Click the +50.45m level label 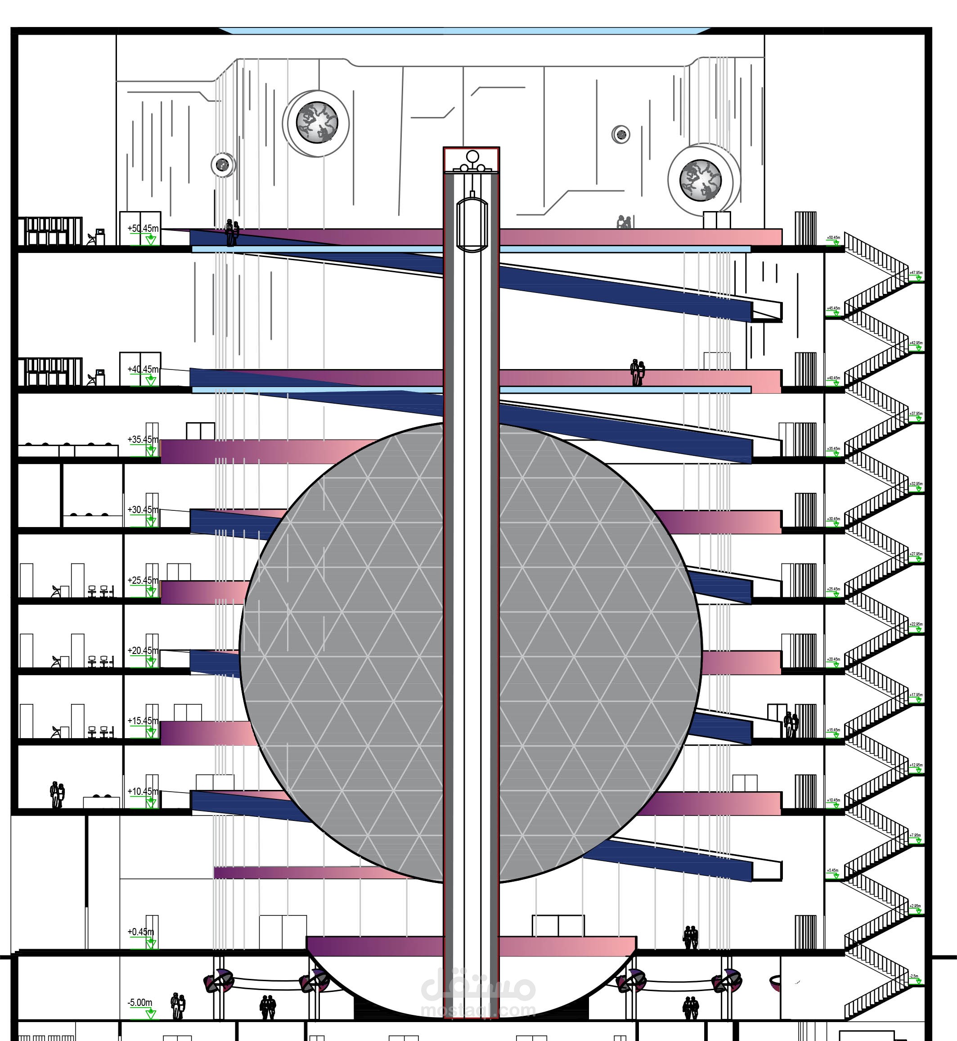tap(143, 228)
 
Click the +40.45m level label tap(143, 369)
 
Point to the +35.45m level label tap(143, 440)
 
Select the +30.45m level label tap(143, 509)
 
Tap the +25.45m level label tap(143, 580)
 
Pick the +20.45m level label tap(143, 650)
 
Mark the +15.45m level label tap(143, 721)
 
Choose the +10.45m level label tap(143, 791)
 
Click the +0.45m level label tap(141, 932)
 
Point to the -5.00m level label tap(140, 1003)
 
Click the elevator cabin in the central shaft tap(472, 223)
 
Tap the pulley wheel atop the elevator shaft tap(472, 157)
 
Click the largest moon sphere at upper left tap(316, 123)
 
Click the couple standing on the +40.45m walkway tap(638, 372)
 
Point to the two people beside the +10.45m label tap(57, 794)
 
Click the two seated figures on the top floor tap(624, 222)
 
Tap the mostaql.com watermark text tap(477, 1010)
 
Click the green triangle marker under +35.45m tap(151, 451)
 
